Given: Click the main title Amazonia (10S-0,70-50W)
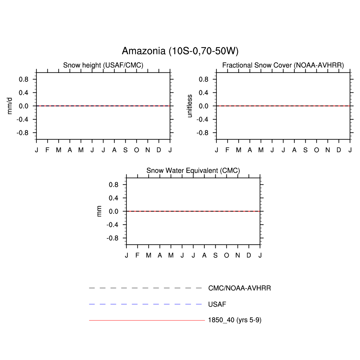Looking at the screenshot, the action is (180, 51).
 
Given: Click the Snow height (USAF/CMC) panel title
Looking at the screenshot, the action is (103, 65).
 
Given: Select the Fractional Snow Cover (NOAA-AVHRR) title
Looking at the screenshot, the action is (283, 65).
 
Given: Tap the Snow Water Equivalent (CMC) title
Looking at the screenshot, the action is (193, 171).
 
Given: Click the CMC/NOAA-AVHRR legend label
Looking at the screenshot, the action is (239, 288).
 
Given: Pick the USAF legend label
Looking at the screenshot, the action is (217, 304).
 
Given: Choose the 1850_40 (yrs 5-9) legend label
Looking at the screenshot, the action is (235, 320).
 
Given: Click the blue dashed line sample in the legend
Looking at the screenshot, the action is (145, 304).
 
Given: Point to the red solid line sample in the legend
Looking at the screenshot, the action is (147, 320).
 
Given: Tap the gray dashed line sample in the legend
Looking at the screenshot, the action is (145, 288).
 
